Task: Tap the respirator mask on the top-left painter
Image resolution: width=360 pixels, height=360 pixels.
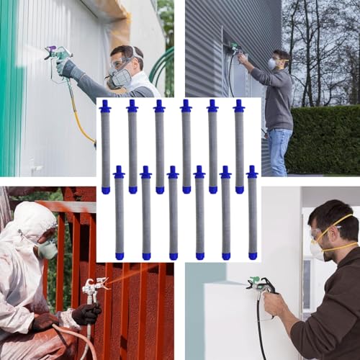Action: (121, 76)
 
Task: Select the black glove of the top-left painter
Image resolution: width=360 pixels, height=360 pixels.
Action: (70, 70)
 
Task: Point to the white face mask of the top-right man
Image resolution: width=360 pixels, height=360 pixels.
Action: (272, 64)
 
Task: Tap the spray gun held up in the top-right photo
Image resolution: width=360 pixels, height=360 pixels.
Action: (234, 49)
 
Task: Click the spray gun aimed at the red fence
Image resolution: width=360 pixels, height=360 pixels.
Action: (92, 288)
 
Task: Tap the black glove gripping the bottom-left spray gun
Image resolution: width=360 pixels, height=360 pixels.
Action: (86, 313)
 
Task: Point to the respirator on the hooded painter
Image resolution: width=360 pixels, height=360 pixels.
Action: (47, 248)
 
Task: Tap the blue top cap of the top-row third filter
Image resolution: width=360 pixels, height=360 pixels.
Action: (159, 107)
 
